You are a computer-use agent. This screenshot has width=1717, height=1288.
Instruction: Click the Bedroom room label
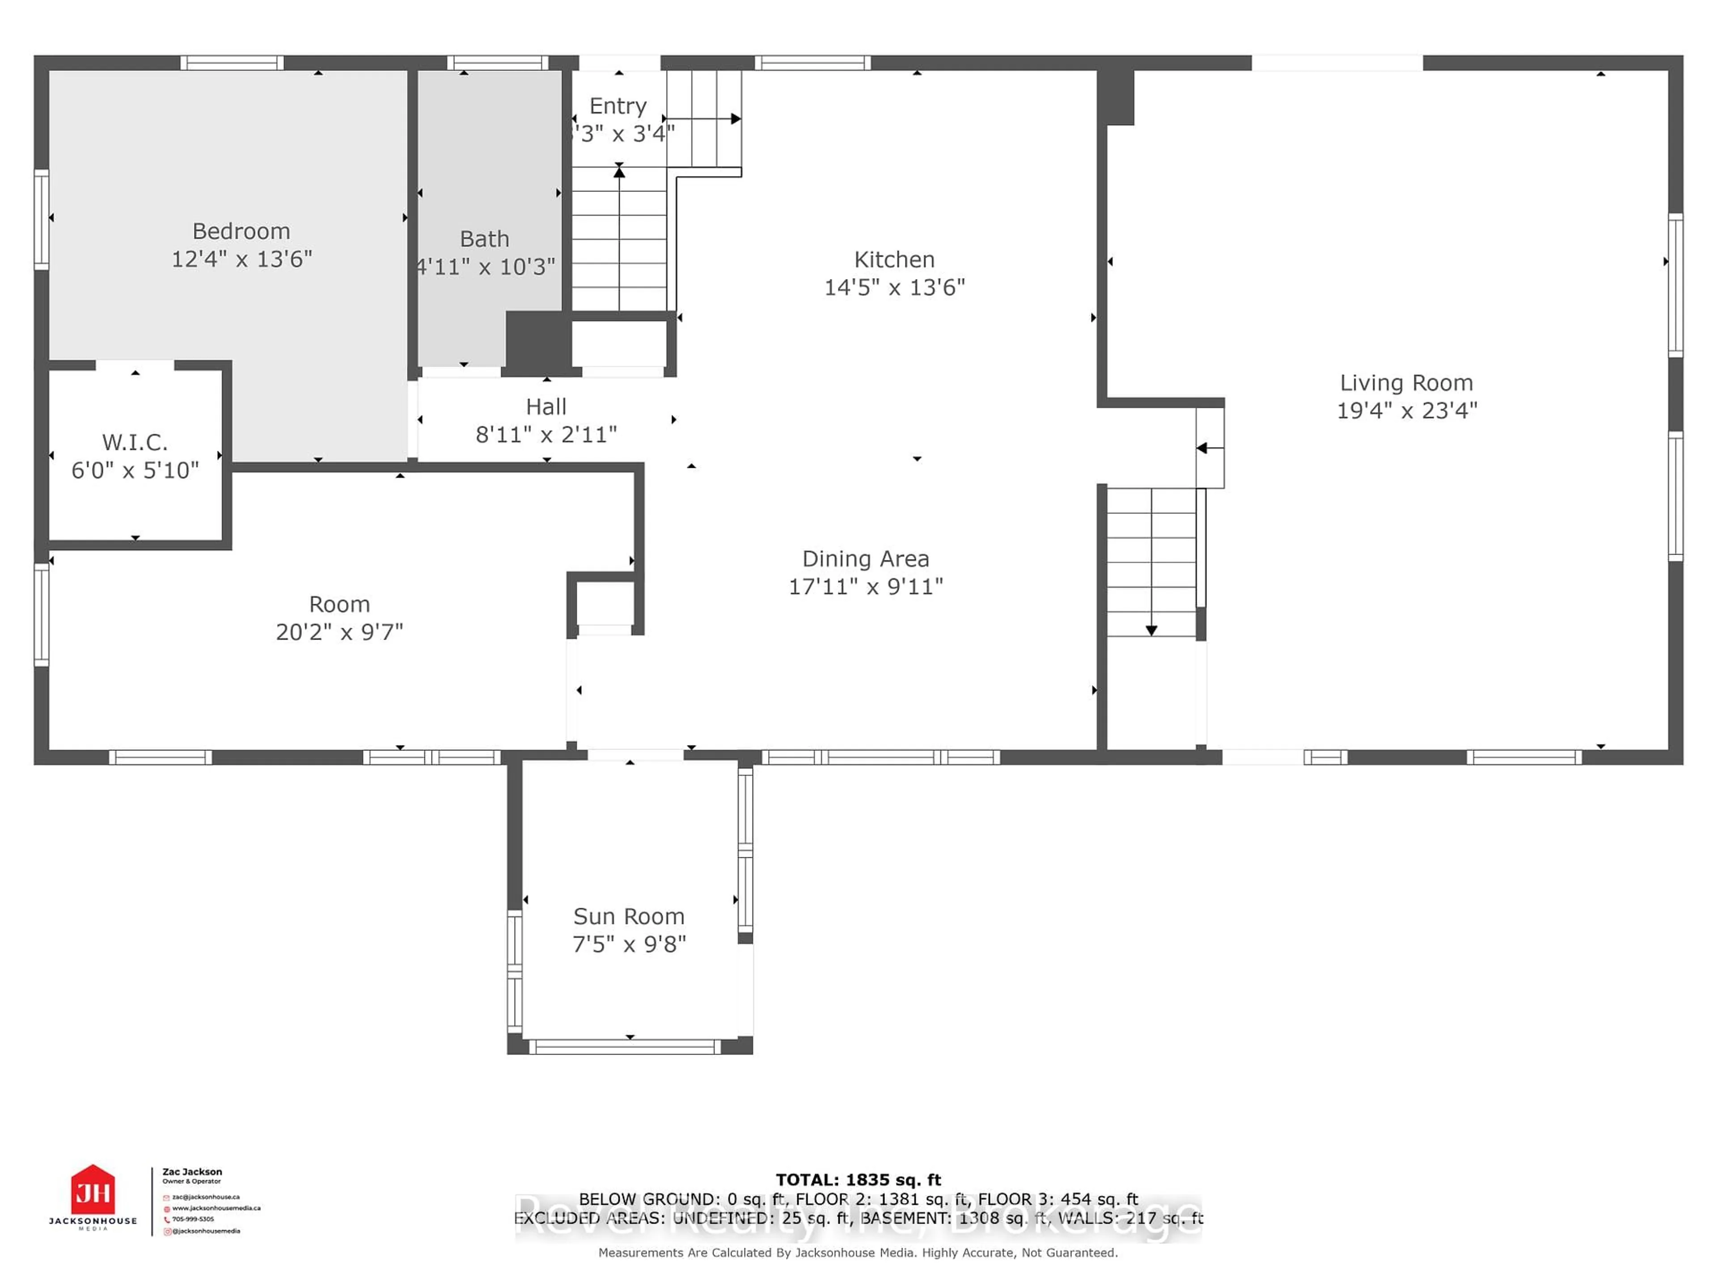[241, 231]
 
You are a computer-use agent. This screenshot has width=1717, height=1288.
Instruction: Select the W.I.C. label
[135, 443]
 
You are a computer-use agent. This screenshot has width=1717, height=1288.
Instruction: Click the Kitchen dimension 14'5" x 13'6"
[894, 287]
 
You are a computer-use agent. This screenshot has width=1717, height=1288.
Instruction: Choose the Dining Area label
[866, 559]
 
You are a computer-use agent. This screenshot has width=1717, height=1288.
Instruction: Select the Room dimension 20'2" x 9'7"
[339, 632]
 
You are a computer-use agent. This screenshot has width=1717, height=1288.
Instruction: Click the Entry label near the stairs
[618, 106]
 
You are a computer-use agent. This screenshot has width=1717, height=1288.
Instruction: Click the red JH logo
[93, 1190]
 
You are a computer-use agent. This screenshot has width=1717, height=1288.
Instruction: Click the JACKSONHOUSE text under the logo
[93, 1221]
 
